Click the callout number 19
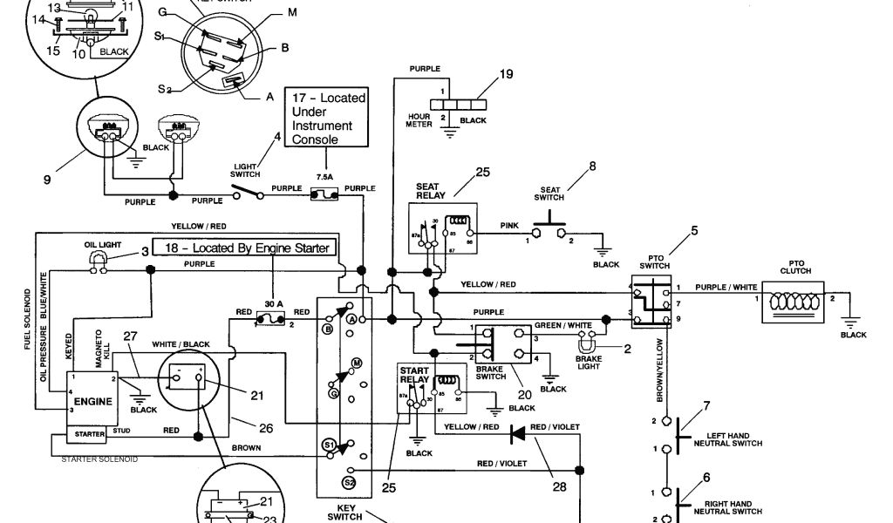point(506,75)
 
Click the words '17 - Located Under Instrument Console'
point(328,119)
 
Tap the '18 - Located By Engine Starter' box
point(243,248)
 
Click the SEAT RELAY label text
point(431,191)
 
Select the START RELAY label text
point(415,375)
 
